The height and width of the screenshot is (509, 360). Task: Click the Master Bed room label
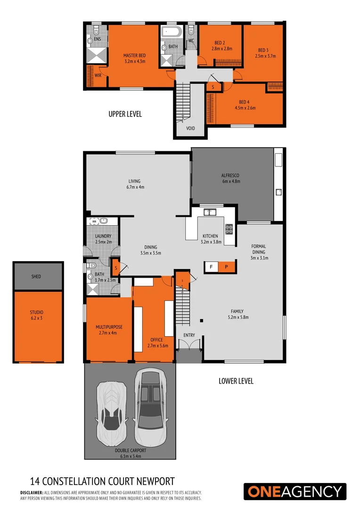point(135,56)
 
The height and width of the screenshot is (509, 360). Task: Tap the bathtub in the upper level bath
point(171,33)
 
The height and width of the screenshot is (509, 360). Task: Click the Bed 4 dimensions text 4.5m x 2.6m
point(245,108)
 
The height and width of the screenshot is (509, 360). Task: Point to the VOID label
point(190,128)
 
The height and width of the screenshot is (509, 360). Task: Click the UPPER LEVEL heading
point(125,114)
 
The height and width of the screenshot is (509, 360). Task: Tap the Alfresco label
point(231,175)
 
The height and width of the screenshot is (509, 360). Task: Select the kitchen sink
point(210,212)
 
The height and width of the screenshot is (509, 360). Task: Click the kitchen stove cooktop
point(229,229)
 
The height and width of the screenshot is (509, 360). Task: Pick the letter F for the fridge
point(211,267)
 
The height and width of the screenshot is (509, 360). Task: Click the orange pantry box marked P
point(226,267)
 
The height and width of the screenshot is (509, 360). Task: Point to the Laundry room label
point(103,236)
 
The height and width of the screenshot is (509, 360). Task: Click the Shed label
point(36,276)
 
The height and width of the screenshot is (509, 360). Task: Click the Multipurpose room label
point(108,327)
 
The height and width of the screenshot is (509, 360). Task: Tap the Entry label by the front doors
point(189,335)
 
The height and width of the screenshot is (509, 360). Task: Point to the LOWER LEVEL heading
point(236,381)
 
